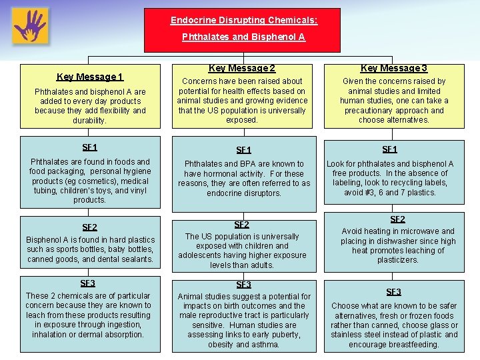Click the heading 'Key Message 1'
(x=90, y=77)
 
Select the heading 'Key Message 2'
(x=242, y=68)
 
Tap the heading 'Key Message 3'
(x=394, y=68)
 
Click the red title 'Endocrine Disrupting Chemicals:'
(x=244, y=21)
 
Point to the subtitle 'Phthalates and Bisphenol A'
(x=244, y=37)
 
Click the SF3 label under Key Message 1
(x=87, y=283)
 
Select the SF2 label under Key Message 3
(x=397, y=219)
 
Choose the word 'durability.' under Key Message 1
(x=90, y=121)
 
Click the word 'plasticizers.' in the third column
(x=397, y=260)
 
